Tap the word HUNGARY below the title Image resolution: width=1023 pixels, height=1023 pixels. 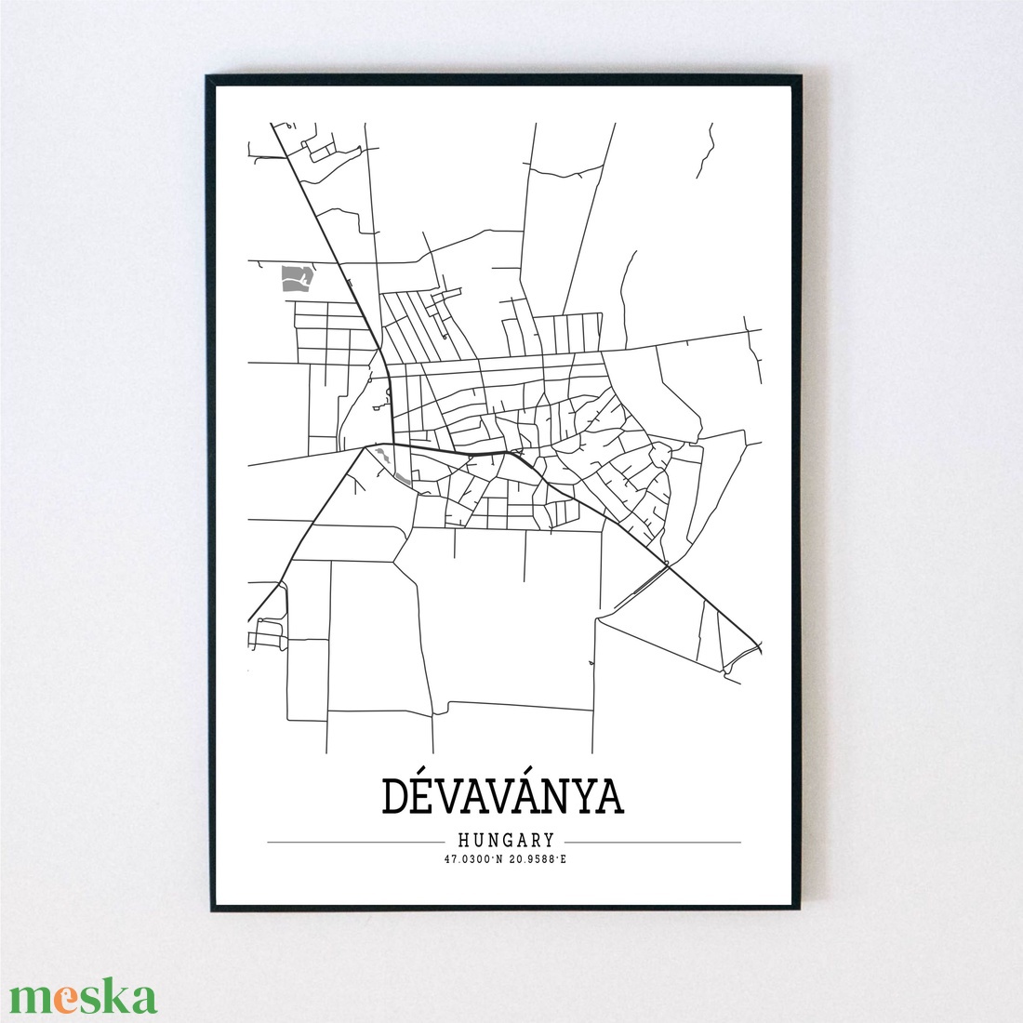[505, 841]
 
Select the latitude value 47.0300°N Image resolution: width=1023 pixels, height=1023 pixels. [474, 859]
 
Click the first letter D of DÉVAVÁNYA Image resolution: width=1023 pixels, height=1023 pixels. [394, 796]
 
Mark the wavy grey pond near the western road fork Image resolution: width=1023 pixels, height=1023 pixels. [382, 457]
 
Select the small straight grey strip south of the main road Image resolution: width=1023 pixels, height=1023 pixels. [402, 479]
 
